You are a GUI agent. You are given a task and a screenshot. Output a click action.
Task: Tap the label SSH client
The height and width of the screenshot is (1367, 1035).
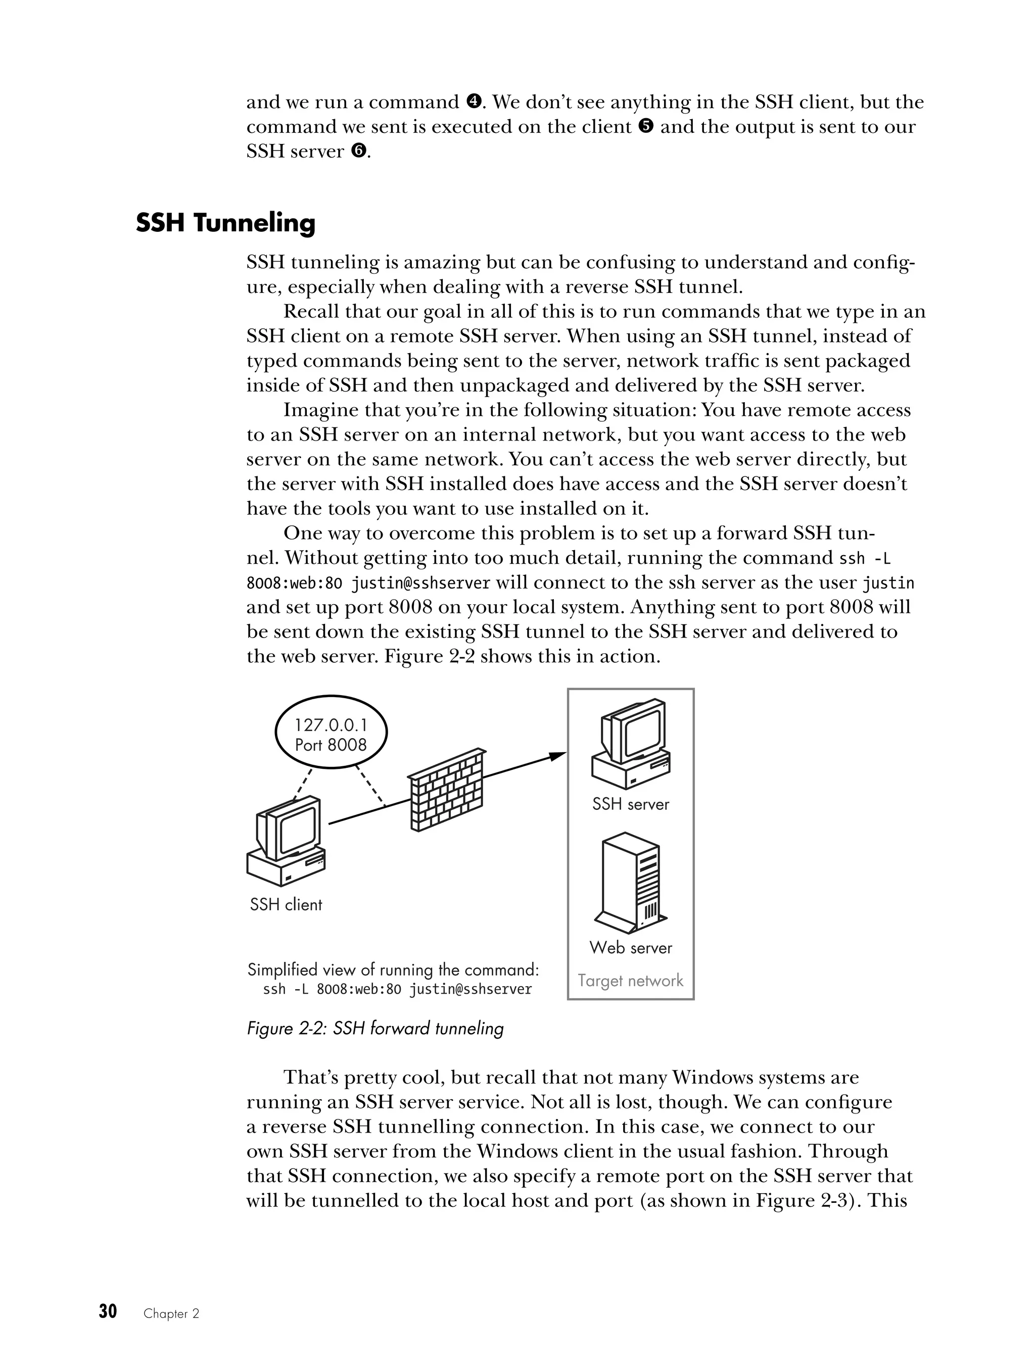tap(286, 905)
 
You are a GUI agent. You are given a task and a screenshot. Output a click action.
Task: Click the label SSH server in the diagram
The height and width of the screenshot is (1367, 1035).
tap(631, 804)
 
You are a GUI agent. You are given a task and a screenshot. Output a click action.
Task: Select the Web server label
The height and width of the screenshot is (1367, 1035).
tap(631, 947)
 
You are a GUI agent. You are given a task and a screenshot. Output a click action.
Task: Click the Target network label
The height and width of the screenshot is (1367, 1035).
tap(631, 980)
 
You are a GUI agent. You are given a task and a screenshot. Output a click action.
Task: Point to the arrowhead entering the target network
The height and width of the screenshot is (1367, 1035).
tap(558, 755)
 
